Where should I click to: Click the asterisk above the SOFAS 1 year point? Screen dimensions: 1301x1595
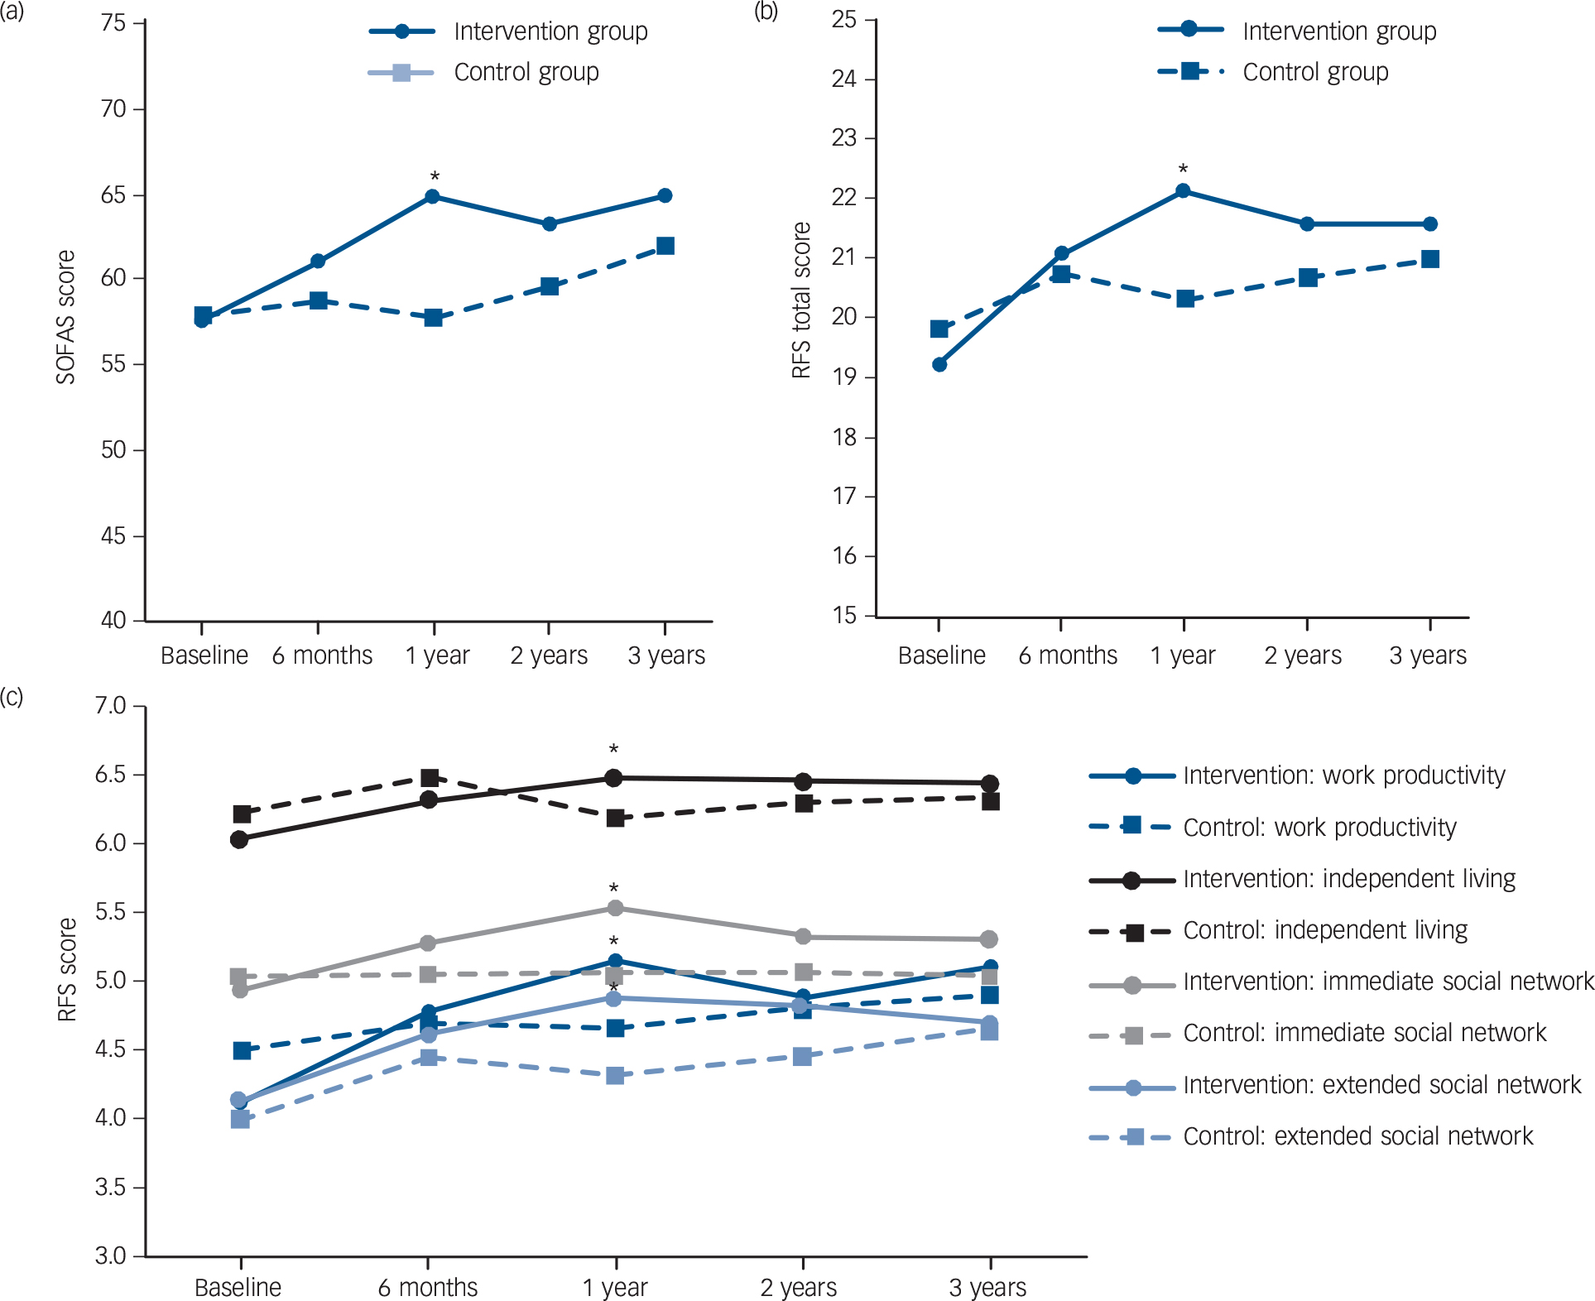pos(435,177)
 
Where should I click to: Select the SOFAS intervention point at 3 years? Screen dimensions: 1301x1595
pos(665,196)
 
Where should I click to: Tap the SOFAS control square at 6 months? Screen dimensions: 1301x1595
pos(318,300)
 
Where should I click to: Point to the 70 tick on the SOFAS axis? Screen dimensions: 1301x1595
pos(113,109)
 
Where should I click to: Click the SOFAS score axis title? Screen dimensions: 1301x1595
pos(66,318)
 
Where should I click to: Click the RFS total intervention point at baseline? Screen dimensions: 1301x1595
pos(939,365)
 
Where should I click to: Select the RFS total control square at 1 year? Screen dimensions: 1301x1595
pos(1185,299)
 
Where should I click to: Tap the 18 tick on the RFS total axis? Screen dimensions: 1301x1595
pos(844,437)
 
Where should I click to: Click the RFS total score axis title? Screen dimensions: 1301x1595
pos(801,300)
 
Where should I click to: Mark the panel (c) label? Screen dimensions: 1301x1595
pos(12,697)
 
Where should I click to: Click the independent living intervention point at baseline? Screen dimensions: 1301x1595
pos(239,840)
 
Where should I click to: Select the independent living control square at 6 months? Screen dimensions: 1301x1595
pos(430,778)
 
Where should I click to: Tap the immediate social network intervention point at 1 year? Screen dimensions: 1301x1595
pos(615,909)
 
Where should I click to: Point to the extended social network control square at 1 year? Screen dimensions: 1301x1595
pos(615,1076)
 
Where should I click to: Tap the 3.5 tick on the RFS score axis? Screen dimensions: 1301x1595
pos(110,1188)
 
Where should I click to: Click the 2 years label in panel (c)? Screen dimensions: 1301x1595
pos(799,1288)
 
